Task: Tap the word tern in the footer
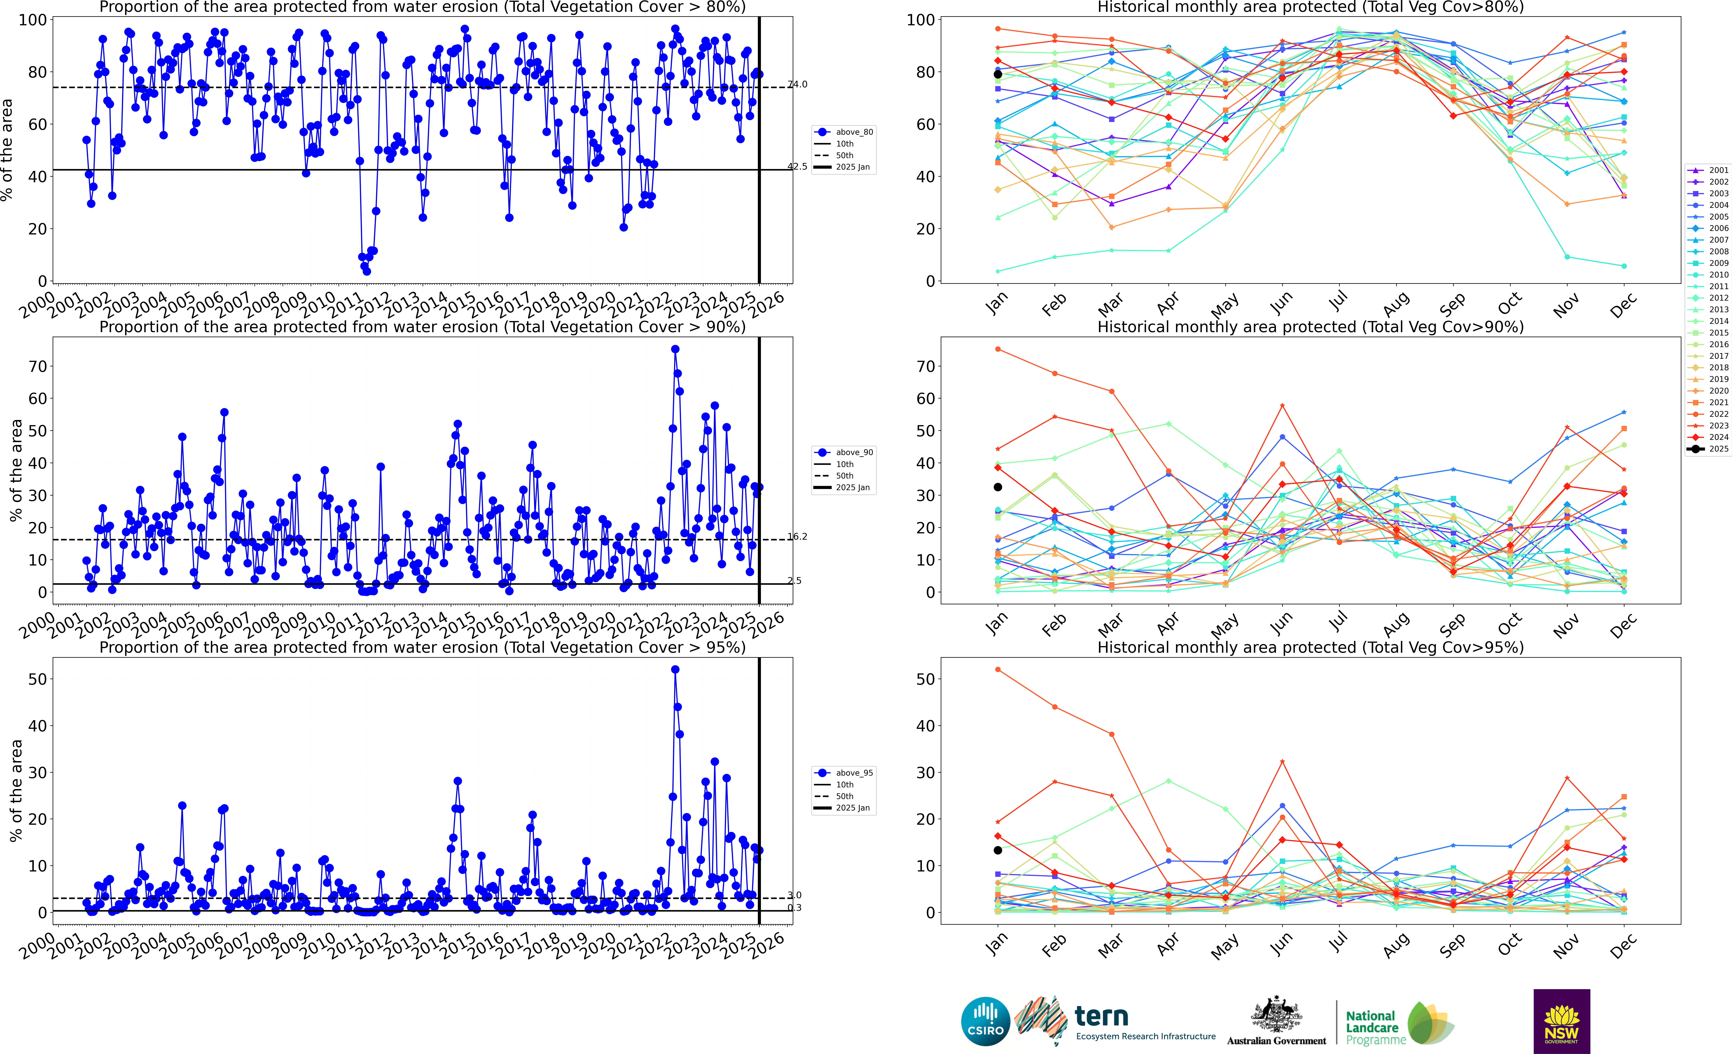coord(1102,1016)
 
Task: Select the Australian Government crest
coord(1276,1015)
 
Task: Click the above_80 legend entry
coord(853,132)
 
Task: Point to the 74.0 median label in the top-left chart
coord(797,84)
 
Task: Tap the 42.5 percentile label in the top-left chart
coord(797,166)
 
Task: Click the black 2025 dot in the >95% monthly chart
coord(997,850)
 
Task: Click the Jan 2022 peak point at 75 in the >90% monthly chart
coord(997,349)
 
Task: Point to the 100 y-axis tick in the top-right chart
coord(920,20)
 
